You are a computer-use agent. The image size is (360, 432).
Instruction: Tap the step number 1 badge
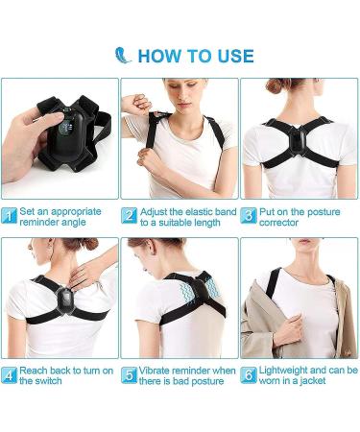click(x=10, y=215)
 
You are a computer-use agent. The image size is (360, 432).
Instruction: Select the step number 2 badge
click(x=129, y=215)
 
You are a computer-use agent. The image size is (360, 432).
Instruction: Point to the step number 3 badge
click(x=248, y=215)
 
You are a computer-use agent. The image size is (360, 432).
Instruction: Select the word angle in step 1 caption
click(x=84, y=223)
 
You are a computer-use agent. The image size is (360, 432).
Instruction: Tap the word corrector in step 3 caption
click(x=279, y=223)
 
